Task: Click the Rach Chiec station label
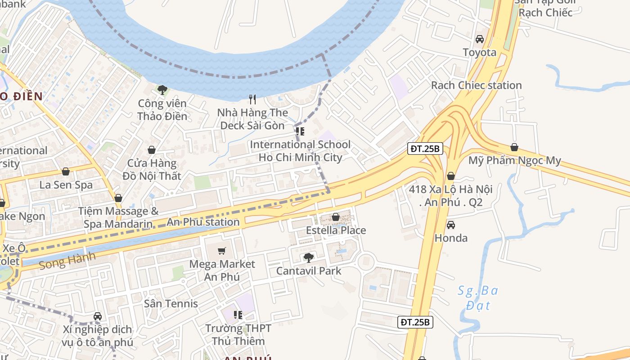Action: (476, 85)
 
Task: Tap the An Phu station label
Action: (203, 222)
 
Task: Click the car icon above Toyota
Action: (480, 39)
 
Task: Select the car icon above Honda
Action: (450, 225)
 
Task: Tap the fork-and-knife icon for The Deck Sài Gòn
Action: (252, 99)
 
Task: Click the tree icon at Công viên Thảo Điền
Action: (162, 90)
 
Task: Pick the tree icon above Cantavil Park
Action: (308, 258)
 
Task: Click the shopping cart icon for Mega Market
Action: (221, 251)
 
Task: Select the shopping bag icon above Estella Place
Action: (335, 217)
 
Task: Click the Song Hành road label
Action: (67, 261)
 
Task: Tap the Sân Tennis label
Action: (171, 304)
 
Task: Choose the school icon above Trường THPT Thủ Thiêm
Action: (238, 315)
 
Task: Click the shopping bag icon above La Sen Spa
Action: (66, 171)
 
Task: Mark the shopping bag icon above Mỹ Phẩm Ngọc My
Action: (514, 147)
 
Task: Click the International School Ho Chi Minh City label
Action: (300, 151)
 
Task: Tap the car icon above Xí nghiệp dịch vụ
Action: (98, 316)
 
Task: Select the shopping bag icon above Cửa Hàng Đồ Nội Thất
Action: (152, 149)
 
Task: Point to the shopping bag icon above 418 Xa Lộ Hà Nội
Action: (450, 176)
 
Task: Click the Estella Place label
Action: (336, 230)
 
